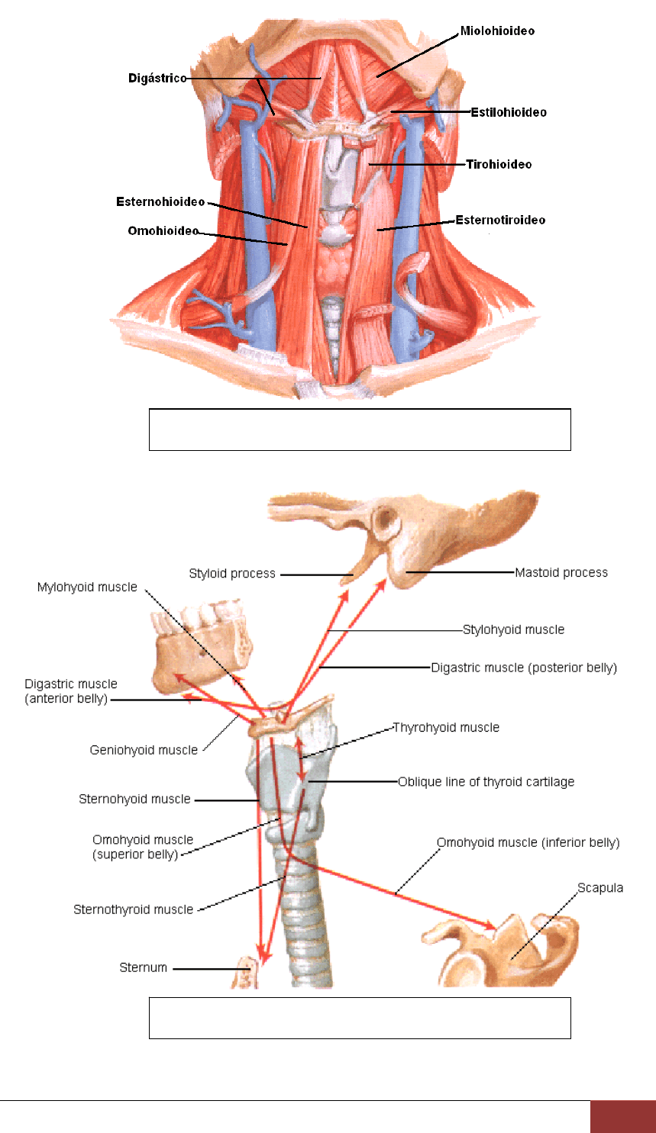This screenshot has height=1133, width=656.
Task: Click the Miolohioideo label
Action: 497,31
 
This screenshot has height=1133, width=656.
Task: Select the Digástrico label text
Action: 157,78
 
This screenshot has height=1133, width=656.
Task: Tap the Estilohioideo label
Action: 509,112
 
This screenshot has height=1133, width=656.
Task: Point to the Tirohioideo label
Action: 499,164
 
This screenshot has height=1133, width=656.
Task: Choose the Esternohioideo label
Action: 160,202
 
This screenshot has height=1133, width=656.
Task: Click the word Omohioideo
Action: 163,231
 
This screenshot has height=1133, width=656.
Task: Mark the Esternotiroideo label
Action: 500,220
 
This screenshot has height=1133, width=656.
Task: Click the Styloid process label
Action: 232,574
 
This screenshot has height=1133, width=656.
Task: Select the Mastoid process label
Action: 561,572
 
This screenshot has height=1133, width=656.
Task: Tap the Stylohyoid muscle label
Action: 513,629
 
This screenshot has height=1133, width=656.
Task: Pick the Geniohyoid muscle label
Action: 144,750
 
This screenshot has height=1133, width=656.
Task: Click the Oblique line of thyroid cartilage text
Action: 486,782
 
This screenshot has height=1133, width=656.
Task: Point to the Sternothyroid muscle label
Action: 133,910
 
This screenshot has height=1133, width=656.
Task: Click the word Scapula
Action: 599,888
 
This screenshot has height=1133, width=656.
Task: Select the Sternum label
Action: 144,967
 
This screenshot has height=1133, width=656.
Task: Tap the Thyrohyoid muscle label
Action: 446,728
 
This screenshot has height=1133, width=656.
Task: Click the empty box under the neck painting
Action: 360,430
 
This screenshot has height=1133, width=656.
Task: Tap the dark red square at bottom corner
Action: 623,1117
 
